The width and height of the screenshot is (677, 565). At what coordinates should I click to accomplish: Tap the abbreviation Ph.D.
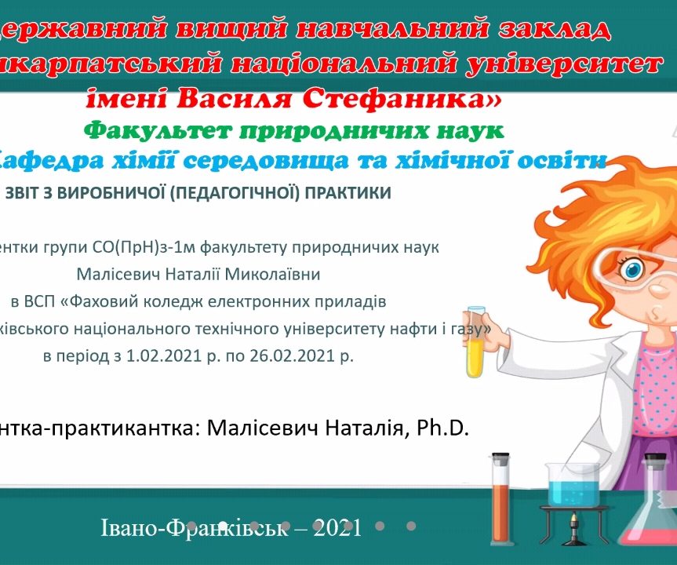point(443,428)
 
